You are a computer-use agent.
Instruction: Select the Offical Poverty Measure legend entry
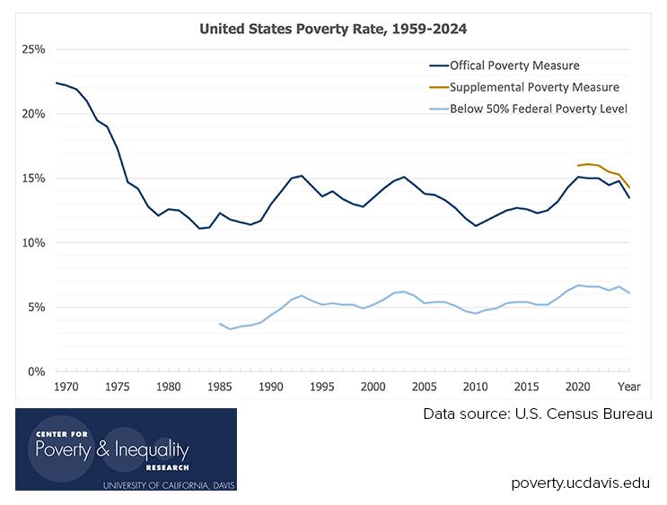(514, 65)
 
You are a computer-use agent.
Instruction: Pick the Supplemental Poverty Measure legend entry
(534, 87)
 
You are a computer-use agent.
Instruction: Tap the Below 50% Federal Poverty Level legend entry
(537, 109)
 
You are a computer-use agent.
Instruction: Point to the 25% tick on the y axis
(33, 49)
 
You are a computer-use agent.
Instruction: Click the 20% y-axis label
(33, 114)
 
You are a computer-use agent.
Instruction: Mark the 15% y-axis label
(33, 178)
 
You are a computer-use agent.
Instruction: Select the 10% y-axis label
(33, 243)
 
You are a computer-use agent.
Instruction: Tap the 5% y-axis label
(36, 308)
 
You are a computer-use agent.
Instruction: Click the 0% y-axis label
(36, 371)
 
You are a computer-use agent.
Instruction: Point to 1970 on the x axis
(64, 387)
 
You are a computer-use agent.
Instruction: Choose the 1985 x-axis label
(219, 387)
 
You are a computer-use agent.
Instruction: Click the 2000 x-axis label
(373, 387)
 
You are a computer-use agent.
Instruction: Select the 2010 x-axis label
(475, 387)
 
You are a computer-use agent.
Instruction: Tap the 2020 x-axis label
(578, 387)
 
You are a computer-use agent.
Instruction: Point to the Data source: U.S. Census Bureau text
(538, 414)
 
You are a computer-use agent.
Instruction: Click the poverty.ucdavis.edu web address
(581, 483)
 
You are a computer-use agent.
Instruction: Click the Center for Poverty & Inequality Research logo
(126, 449)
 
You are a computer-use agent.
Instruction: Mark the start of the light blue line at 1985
(220, 324)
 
